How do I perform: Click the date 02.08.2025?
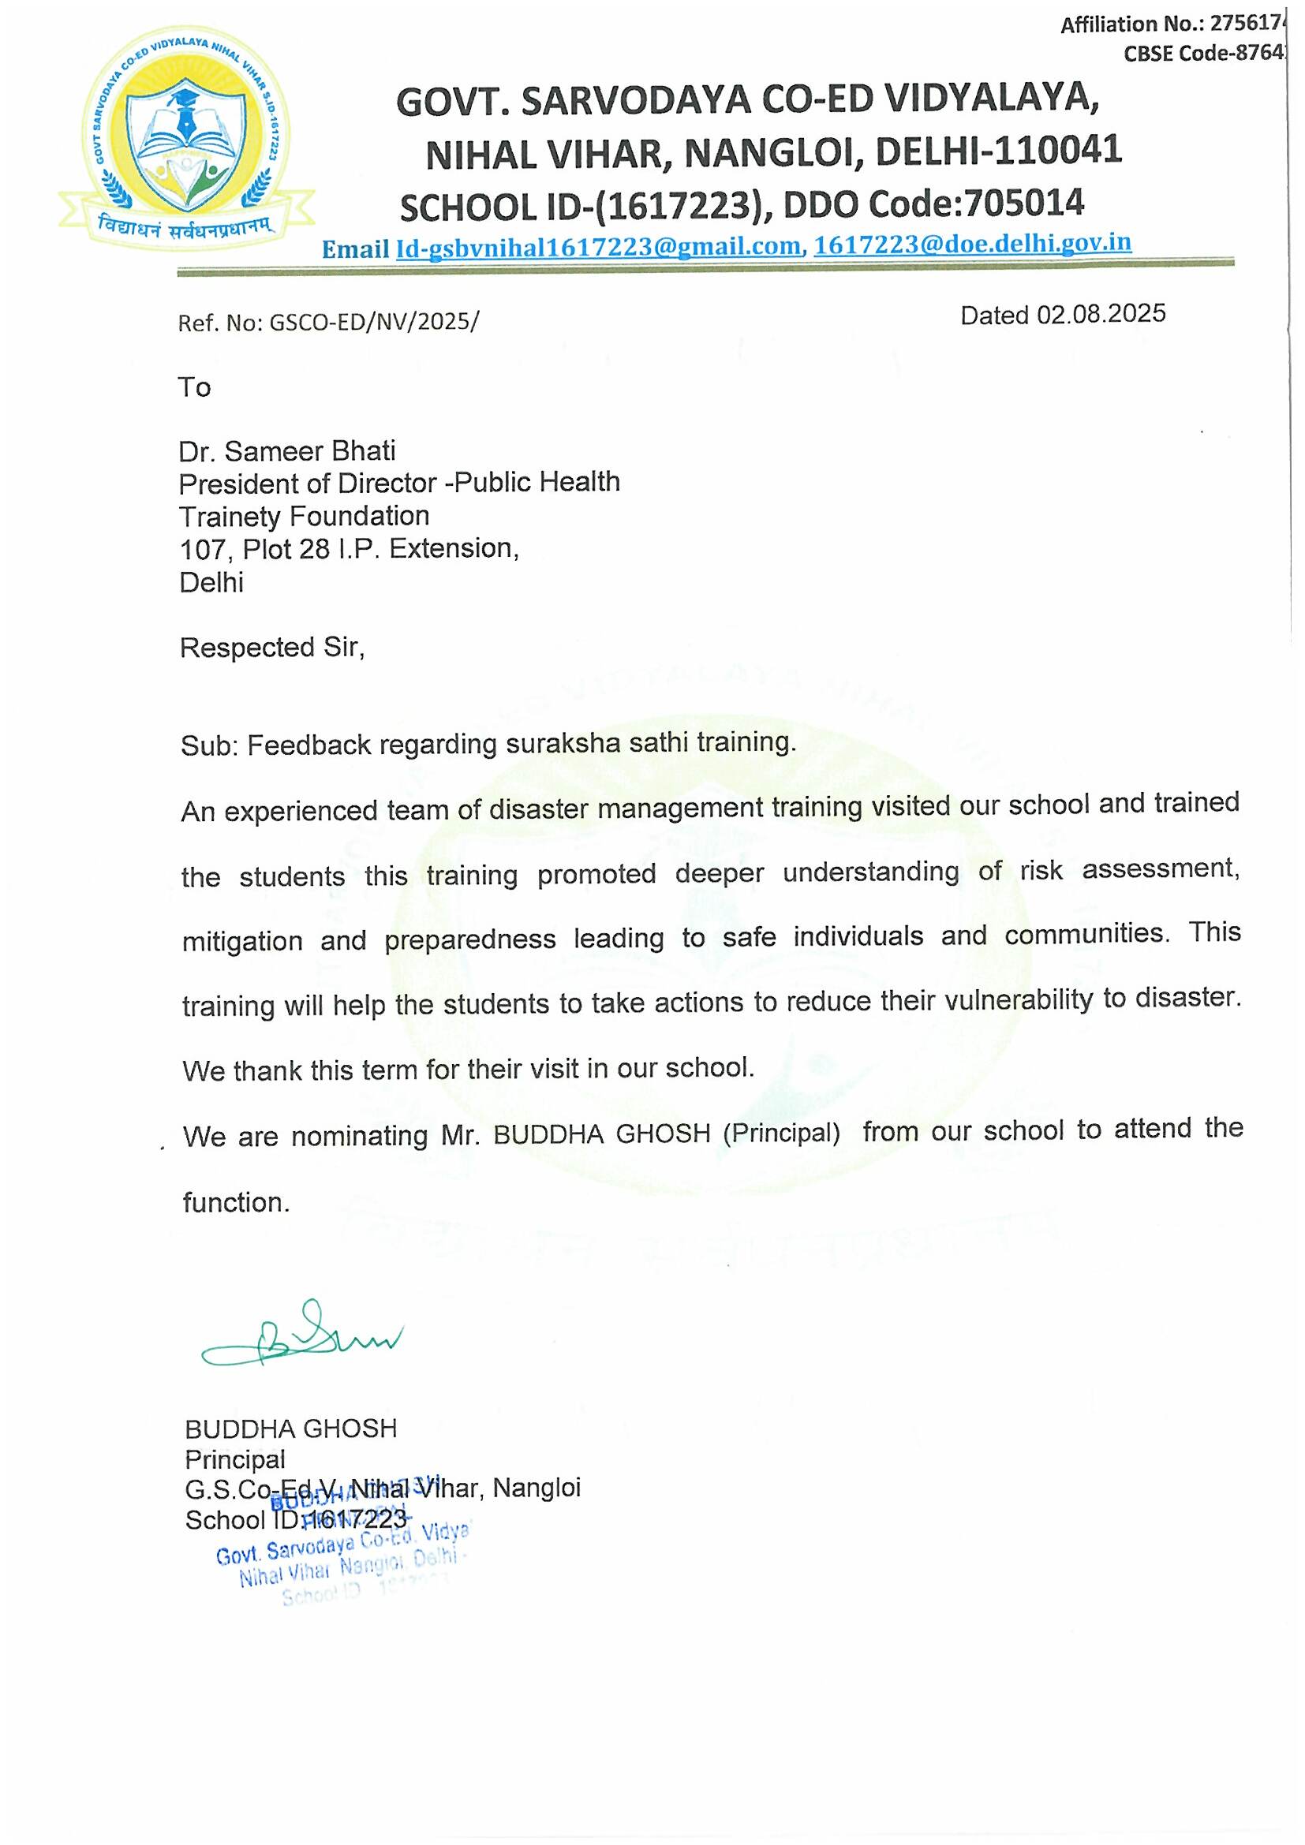coord(1100,313)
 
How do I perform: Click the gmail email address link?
coord(599,248)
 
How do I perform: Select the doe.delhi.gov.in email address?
coord(972,244)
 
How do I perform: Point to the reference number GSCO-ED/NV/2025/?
coord(374,321)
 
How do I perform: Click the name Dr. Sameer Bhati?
coord(287,451)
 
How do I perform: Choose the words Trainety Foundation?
coord(304,516)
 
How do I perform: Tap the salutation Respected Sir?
coord(271,647)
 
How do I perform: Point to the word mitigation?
coord(242,940)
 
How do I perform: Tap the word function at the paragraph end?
coord(234,1202)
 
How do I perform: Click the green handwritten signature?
coord(301,1338)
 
